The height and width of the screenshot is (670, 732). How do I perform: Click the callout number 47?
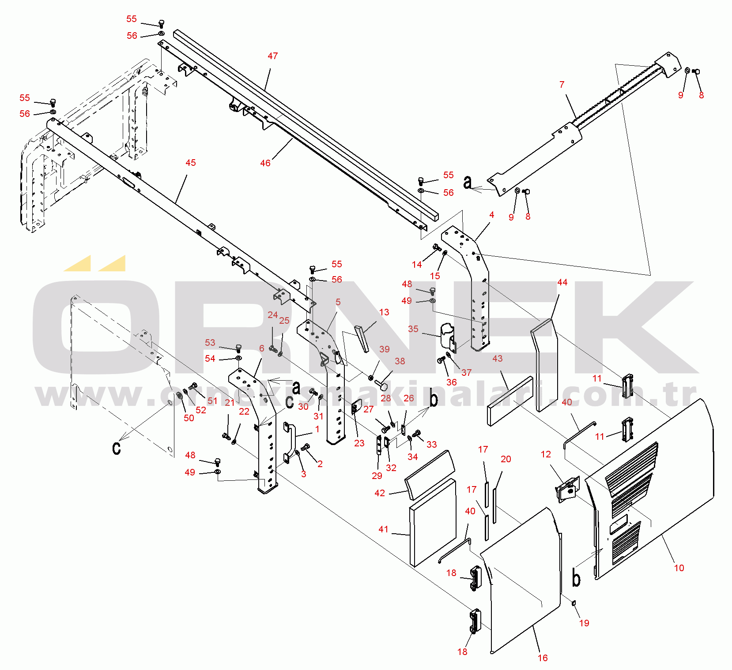pos(273,56)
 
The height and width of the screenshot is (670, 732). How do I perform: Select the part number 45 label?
pos(191,163)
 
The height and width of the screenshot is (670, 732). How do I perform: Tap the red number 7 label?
pos(562,84)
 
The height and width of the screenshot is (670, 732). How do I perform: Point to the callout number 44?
pos(562,282)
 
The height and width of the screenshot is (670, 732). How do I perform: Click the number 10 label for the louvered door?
pos(679,568)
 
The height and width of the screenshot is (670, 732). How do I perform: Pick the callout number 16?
pos(543,658)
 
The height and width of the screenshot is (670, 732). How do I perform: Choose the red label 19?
pos(584,623)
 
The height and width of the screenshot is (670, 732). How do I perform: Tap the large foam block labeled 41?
pos(433,523)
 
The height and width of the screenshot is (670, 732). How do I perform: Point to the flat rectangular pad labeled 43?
pos(510,401)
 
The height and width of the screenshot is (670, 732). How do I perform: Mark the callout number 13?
pos(384,312)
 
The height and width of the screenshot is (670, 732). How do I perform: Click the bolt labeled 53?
pos(239,348)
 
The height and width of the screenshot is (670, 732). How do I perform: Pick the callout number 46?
pos(265,163)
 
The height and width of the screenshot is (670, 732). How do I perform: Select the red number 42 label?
pos(380,493)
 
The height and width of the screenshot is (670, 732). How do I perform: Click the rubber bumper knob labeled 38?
pos(382,386)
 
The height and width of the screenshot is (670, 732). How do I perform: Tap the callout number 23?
pos(359,443)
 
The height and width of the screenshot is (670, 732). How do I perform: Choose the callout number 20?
pos(506,459)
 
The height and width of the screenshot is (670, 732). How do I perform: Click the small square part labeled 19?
pos(574,603)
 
